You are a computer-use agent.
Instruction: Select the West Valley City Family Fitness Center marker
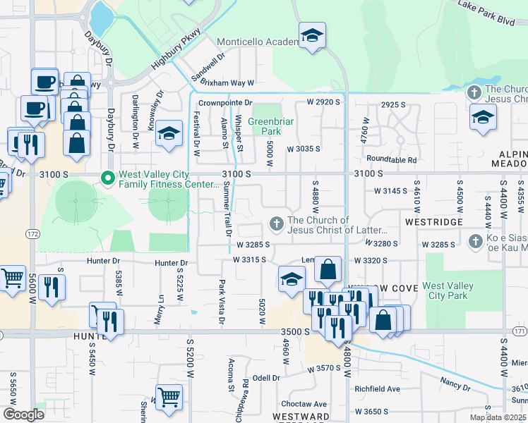[x=108, y=178]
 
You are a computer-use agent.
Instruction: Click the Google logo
[x=23, y=415]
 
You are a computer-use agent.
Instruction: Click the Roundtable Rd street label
[x=391, y=160]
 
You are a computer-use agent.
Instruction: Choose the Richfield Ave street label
[x=377, y=388]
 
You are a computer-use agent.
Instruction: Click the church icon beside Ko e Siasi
[x=477, y=240]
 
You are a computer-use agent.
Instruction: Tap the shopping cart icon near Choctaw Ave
[x=169, y=397]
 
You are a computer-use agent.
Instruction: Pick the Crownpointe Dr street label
[x=224, y=103]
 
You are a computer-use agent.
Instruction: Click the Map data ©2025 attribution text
[x=498, y=417]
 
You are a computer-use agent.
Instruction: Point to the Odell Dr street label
[x=267, y=377]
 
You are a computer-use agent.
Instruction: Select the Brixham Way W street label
[x=227, y=82]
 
